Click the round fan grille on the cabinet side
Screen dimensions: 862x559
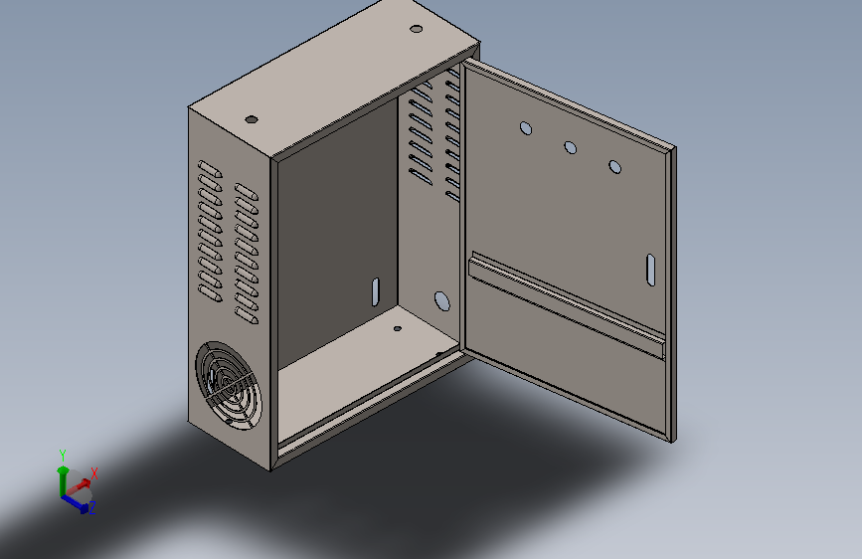click(x=228, y=385)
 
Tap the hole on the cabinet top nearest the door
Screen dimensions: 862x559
click(x=417, y=29)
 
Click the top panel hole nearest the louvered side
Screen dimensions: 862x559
click(x=252, y=119)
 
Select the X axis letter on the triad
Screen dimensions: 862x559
click(x=94, y=473)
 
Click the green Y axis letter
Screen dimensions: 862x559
click(x=63, y=455)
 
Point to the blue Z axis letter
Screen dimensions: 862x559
click(x=92, y=507)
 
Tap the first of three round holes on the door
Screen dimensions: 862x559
click(x=526, y=128)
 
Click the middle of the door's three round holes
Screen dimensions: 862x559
click(x=570, y=147)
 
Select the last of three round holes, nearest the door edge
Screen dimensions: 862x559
click(x=614, y=167)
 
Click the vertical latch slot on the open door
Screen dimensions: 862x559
click(x=651, y=270)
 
